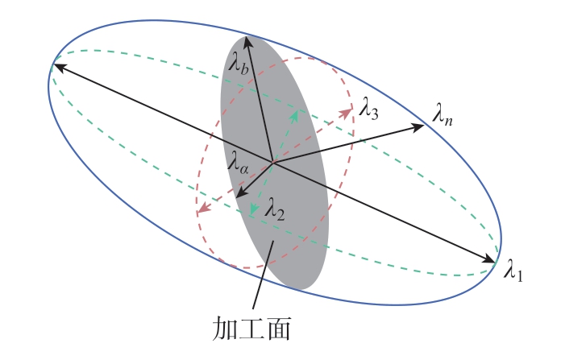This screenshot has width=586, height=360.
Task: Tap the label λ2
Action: click(275, 209)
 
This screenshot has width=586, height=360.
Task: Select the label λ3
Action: click(369, 108)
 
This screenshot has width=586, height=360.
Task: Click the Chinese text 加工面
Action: click(251, 329)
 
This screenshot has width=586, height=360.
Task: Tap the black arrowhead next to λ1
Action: click(490, 259)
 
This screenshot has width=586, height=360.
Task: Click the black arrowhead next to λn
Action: click(418, 127)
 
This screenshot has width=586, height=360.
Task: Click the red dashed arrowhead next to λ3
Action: click(346, 113)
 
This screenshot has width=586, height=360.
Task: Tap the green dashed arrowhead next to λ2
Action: click(254, 209)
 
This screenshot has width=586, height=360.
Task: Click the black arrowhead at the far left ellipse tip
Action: click(59, 68)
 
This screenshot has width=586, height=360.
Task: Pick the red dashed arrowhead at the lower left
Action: click(203, 208)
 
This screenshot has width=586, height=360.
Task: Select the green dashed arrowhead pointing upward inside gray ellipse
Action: click(295, 116)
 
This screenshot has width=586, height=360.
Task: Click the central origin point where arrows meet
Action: click(272, 163)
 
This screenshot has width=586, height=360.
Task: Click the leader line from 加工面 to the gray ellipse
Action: click(263, 275)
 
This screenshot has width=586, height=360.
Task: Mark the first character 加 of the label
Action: click(225, 329)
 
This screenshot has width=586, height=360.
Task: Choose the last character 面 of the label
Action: click(278, 329)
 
